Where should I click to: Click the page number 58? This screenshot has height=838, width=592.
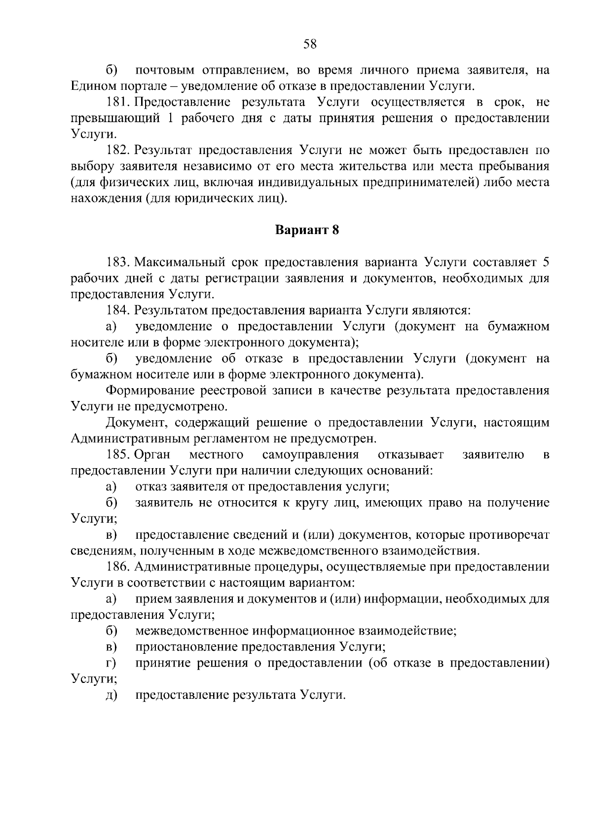tap(309, 44)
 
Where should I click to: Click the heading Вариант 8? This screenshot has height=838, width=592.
tap(307, 230)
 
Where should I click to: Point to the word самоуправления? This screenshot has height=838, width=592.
tap(311, 454)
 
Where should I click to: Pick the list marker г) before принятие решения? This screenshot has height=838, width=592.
tap(111, 663)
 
